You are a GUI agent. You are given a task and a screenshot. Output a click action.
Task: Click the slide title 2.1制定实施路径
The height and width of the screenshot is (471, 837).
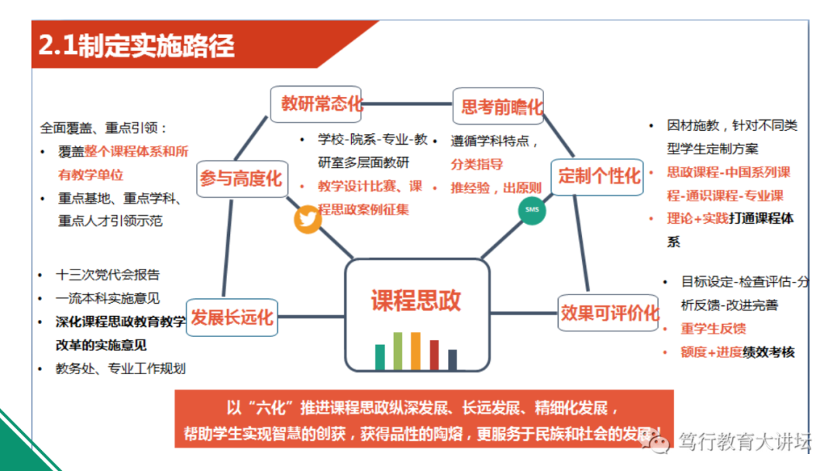136,45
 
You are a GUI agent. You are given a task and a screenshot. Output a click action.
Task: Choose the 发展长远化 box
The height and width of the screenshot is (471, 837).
232,318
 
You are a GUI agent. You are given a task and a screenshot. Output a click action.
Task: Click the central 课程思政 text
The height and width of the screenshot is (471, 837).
416,300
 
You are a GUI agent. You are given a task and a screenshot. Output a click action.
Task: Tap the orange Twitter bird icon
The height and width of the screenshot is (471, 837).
308,219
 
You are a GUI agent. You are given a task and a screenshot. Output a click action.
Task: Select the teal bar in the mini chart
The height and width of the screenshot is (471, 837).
380,357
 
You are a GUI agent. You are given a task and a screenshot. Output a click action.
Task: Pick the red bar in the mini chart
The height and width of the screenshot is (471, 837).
435,355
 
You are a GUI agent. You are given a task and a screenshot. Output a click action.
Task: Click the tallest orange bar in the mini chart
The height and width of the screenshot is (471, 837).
416,351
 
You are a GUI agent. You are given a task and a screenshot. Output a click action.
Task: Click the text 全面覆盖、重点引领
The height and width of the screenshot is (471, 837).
104,128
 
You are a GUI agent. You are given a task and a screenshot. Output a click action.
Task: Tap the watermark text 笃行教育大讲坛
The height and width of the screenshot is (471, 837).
744,442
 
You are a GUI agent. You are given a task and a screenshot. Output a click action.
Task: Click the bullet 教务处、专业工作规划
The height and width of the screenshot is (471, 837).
120,369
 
